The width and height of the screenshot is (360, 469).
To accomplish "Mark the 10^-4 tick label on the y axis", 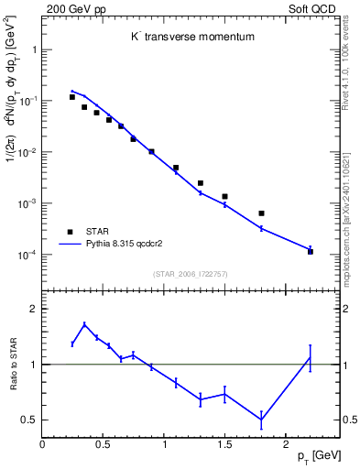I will point(27,255).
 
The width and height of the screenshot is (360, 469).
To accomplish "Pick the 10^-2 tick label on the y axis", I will point(27,152).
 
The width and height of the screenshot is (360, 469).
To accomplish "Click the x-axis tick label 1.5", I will point(224,444).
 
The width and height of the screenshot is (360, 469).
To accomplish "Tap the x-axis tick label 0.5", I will point(103,444).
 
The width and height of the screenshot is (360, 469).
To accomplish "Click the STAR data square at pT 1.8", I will point(261,213).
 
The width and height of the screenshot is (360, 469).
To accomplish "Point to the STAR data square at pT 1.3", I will point(201,183).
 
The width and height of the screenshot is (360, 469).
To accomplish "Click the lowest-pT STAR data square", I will point(72,97).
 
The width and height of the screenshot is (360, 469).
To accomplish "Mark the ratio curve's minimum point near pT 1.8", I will point(261,420).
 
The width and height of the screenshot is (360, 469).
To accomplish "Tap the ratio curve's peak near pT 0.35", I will point(84,324).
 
